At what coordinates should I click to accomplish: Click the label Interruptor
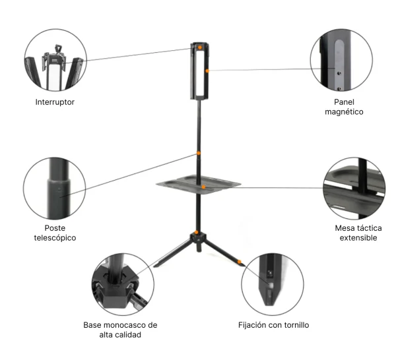click(x=54, y=102)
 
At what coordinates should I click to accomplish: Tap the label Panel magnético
click(x=344, y=107)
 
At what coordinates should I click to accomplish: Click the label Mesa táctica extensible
click(x=358, y=233)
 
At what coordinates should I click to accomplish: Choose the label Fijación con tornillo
click(x=273, y=325)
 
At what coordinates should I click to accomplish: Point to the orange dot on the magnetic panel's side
click(x=207, y=69)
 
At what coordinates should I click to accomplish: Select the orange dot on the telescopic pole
click(x=199, y=153)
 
